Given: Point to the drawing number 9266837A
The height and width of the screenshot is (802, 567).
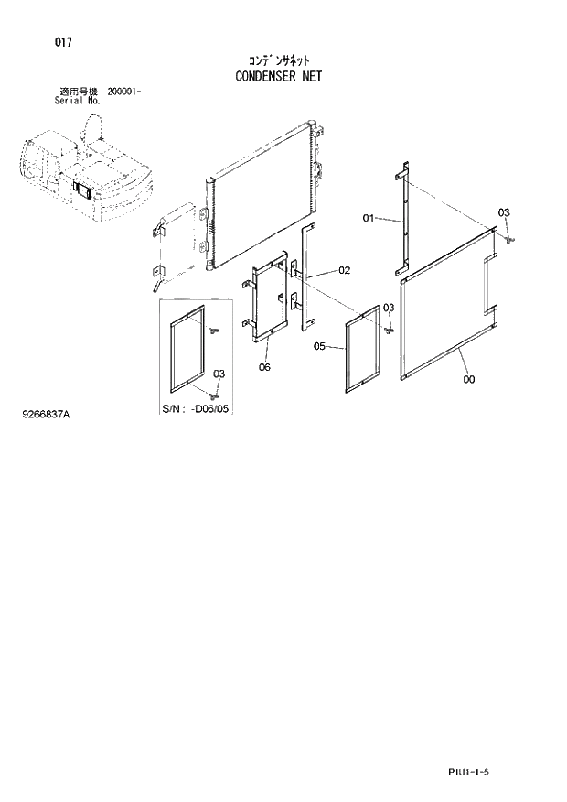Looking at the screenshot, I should click(x=45, y=415).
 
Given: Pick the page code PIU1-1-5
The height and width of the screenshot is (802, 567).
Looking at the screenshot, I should click(x=469, y=773).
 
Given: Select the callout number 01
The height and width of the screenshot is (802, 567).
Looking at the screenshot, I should click(x=369, y=218).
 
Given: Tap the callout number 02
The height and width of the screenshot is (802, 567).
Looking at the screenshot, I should click(x=345, y=270).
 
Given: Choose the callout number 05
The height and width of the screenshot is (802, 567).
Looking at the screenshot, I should click(x=319, y=346).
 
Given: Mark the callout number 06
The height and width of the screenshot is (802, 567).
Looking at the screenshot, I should click(x=264, y=367).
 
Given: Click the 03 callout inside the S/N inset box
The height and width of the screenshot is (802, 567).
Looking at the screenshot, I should click(x=219, y=374).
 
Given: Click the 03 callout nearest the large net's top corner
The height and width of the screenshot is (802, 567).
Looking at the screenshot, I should click(x=503, y=212).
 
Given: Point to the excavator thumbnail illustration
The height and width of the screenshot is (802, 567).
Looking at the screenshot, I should click(x=82, y=175).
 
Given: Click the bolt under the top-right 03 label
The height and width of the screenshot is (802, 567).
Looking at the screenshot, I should click(x=510, y=239).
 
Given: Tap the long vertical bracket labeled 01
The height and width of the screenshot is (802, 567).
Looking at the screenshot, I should click(x=402, y=220).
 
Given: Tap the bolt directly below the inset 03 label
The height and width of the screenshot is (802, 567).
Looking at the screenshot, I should click(x=216, y=395).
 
